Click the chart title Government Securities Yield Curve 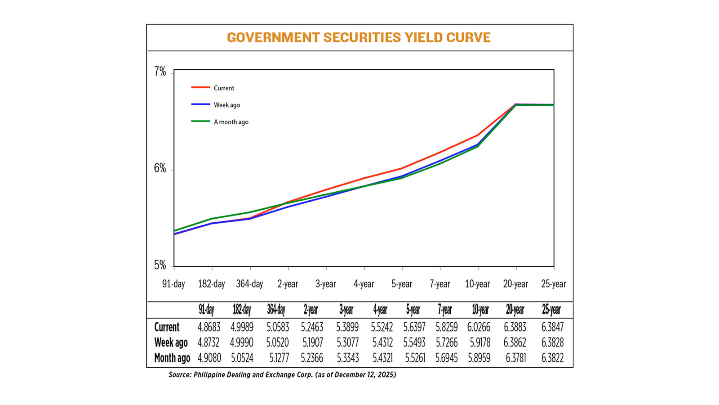(359, 37)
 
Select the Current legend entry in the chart (224, 88)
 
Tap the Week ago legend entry (226, 105)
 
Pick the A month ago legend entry (231, 122)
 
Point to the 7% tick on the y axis (160, 72)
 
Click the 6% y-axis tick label (160, 168)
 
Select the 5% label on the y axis (160, 265)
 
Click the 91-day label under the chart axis (173, 284)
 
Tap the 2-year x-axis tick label (288, 284)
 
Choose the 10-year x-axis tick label (477, 284)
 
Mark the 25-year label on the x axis (553, 284)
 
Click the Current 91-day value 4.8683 (209, 327)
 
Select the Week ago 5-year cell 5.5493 (414, 342)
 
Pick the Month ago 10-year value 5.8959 (479, 358)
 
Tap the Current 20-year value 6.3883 (515, 327)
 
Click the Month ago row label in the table (172, 358)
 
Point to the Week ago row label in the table (171, 342)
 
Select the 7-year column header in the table (445, 310)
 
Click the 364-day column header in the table (276, 310)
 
